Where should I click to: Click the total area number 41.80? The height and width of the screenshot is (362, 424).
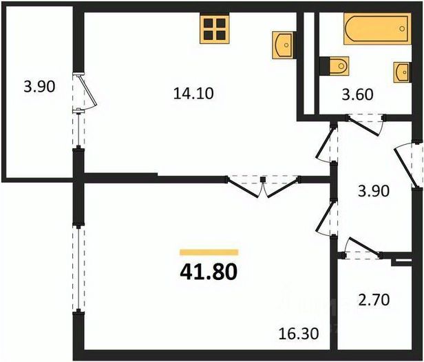click(x=209, y=272)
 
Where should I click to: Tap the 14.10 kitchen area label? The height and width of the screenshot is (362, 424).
click(x=193, y=94)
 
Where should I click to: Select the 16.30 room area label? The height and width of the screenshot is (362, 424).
click(x=299, y=334)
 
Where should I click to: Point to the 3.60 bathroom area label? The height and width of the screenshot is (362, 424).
click(x=357, y=95)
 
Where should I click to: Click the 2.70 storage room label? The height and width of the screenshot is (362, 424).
click(x=374, y=300)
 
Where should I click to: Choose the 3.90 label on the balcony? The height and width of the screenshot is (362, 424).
click(x=39, y=87)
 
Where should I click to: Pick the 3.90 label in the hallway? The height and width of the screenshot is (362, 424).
click(x=374, y=191)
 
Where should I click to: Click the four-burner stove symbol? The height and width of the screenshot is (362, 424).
click(x=215, y=29)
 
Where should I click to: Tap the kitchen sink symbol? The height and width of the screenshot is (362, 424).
click(x=283, y=45)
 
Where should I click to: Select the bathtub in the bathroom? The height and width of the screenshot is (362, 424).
click(x=377, y=29)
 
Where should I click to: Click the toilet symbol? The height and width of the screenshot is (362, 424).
click(x=335, y=66)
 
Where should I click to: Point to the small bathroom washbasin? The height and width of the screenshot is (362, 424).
click(x=402, y=72)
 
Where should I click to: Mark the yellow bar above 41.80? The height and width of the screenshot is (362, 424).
click(x=209, y=252)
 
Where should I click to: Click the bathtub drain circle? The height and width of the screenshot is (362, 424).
click(x=402, y=28)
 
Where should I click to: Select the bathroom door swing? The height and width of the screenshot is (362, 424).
click(x=365, y=125)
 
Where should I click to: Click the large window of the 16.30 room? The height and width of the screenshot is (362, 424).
click(x=78, y=268)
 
